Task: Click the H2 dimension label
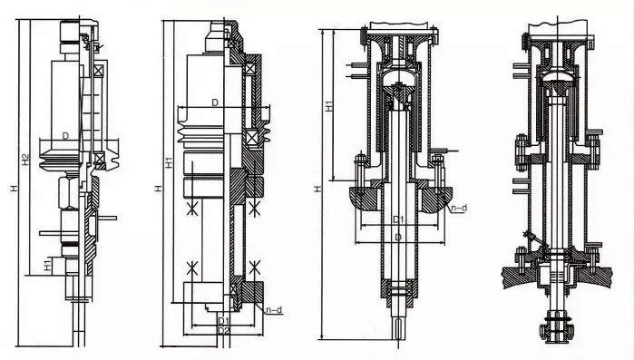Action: coord(26,160)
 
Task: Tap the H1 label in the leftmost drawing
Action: coord(48,266)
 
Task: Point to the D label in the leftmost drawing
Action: coord(65,136)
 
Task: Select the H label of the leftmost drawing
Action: coord(15,189)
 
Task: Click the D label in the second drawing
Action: coord(215,102)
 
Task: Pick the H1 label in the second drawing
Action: coord(170,162)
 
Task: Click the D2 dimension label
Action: coord(224,330)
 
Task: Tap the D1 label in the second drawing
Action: coord(224,321)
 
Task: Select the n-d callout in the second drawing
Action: coord(274,310)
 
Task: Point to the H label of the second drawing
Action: coord(159,189)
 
